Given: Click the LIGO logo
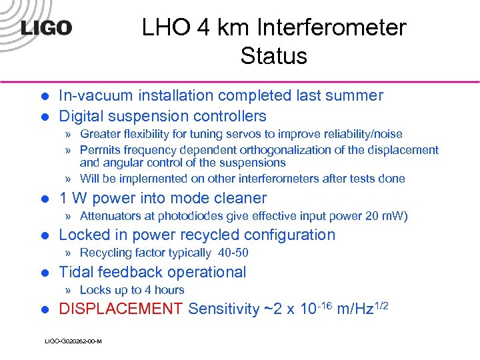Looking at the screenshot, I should [x=45, y=29].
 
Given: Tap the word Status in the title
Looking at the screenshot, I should [x=273, y=56].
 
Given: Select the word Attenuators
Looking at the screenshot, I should [x=111, y=215].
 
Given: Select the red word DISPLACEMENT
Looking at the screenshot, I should [x=121, y=309].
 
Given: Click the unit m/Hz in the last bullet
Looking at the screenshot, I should [x=354, y=309].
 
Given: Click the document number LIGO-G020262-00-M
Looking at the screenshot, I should [x=73, y=341].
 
